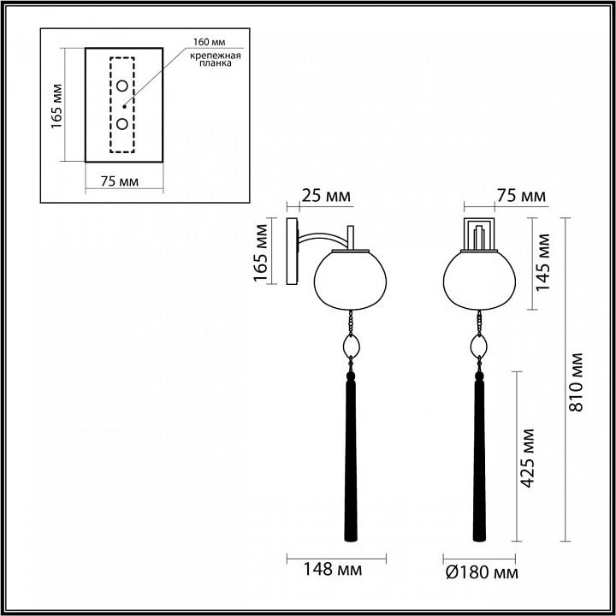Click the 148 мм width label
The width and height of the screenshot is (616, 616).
(336, 570)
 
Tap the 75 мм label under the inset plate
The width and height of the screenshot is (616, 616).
(114, 181)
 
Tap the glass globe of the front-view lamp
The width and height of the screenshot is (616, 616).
(479, 279)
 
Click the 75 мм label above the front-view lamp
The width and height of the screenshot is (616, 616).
(520, 197)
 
